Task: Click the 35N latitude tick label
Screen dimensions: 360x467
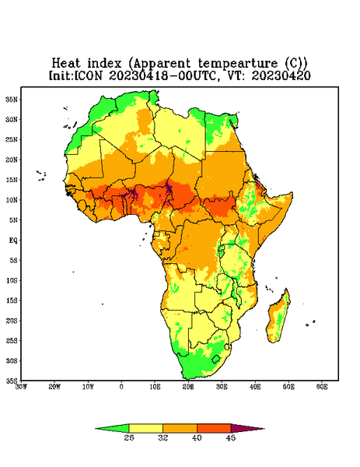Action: click(x=12, y=100)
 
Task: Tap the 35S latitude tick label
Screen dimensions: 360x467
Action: click(x=12, y=381)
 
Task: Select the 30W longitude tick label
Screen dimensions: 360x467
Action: click(x=22, y=387)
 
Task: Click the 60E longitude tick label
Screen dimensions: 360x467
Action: click(x=322, y=387)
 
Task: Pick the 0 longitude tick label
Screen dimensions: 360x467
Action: click(x=121, y=387)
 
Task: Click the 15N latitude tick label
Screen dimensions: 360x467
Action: click(x=12, y=180)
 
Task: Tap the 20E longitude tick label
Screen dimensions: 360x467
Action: click(x=188, y=387)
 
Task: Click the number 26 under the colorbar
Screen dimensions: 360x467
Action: click(x=129, y=437)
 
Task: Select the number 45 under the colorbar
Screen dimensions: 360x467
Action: click(x=231, y=437)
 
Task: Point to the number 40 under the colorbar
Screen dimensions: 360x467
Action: click(x=197, y=437)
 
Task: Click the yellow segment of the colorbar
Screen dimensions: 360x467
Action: click(x=145, y=428)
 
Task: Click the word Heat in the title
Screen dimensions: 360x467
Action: click(x=66, y=64)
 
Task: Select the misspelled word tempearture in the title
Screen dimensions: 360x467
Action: click(x=238, y=64)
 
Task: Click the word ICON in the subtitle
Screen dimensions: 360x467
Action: click(x=88, y=75)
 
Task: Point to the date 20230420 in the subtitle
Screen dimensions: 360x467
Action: click(x=281, y=75)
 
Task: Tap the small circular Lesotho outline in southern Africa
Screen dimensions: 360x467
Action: click(x=216, y=359)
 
